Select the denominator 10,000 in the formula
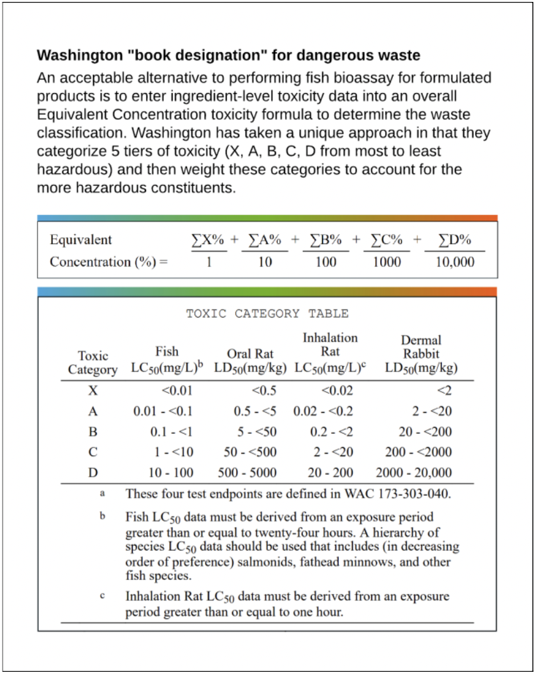tap(455, 262)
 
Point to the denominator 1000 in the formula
tap(386, 262)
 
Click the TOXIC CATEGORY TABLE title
tap(267, 313)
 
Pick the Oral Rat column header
tap(250, 353)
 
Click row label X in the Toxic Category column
tap(92, 390)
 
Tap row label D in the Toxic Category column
tap(92, 473)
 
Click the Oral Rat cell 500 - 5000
tap(247, 473)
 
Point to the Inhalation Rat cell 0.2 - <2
tap(332, 432)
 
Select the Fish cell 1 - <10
tap(174, 452)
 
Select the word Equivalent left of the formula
tap(80, 240)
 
